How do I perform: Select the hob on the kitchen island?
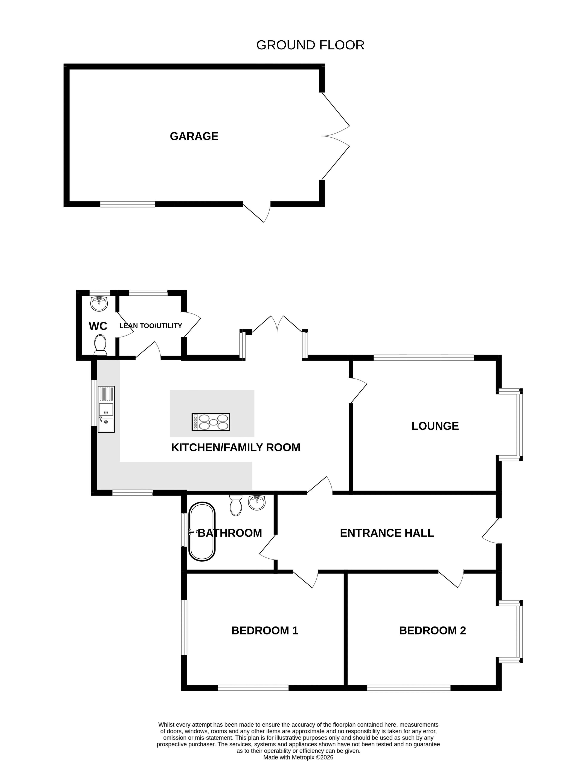211,422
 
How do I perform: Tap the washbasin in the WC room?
99,304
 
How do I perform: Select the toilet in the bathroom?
236,505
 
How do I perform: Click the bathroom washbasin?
257,503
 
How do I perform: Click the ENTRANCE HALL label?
387,533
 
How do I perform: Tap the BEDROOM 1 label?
265,630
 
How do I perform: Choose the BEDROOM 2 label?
432,630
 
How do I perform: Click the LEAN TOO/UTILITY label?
151,326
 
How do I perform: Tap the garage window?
128,204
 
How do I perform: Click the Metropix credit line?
298,757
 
